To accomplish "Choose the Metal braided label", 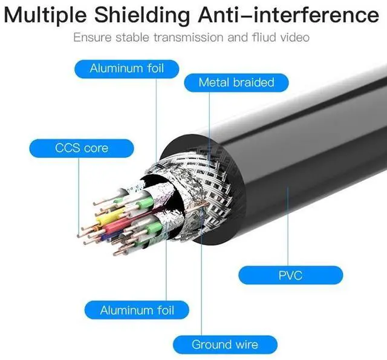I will (236, 82).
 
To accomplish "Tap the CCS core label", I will (73, 148).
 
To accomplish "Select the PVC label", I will (290, 275).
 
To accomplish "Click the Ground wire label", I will (225, 345).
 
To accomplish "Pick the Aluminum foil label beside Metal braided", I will (126, 68).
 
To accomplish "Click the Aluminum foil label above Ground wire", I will (137, 310).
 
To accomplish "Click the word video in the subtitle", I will (294, 38).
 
